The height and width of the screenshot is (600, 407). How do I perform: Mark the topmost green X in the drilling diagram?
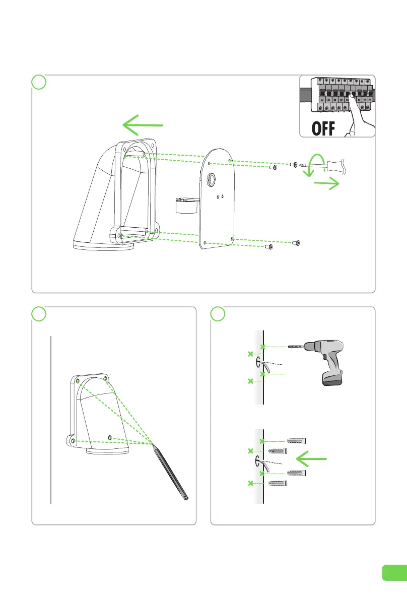[263, 347]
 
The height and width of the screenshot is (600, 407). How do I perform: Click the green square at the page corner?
[393, 572]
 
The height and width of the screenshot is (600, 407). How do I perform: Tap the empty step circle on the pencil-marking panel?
[39, 313]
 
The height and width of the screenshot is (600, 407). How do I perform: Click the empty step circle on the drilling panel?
[218, 313]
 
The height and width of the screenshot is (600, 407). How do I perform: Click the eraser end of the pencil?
[187, 498]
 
